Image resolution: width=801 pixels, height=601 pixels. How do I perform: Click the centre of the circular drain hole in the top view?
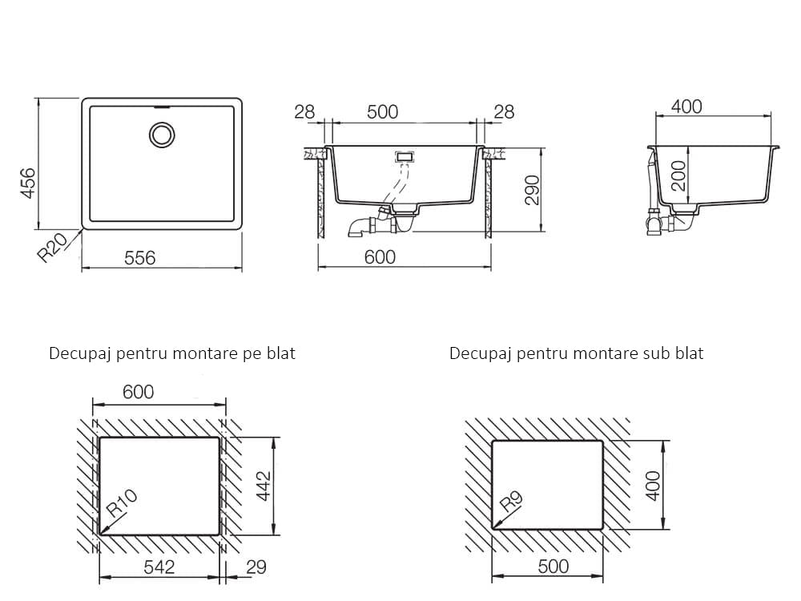(163, 135)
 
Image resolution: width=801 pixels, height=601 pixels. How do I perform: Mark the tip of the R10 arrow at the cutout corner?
(100, 534)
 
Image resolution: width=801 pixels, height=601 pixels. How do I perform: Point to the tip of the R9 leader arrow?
(493, 528)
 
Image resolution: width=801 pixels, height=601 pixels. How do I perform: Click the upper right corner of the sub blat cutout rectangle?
(603, 441)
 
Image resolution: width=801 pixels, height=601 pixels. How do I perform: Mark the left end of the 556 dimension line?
(83, 267)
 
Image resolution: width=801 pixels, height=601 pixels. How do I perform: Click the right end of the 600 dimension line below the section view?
(491, 267)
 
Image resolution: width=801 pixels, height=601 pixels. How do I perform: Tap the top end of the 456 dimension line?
(38, 99)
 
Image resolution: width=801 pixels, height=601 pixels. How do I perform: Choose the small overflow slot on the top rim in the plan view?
(163, 107)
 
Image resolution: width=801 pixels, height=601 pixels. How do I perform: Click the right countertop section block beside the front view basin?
(489, 192)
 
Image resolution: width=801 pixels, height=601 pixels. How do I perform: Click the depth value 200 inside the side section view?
(678, 175)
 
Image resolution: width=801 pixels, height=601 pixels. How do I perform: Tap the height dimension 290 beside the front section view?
(533, 190)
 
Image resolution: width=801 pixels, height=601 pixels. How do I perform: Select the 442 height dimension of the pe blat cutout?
(264, 486)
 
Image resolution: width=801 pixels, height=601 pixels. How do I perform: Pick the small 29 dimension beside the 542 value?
(256, 567)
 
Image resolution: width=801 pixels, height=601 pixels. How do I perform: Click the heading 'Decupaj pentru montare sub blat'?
(576, 353)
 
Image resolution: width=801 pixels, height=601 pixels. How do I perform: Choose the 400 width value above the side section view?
(686, 107)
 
